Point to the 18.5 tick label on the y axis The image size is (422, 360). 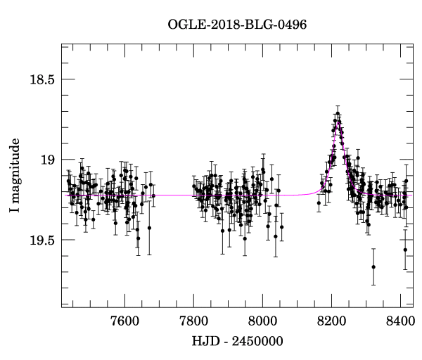click(39, 79)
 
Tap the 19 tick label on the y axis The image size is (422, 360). click(46, 160)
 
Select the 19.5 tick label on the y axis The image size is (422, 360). click(39, 240)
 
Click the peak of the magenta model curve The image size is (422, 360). click(338, 122)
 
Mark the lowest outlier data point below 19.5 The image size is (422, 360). click(373, 266)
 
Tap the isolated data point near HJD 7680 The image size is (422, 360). click(152, 196)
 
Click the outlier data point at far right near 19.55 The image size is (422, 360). click(405, 250)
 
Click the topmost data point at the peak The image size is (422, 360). click(338, 113)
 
